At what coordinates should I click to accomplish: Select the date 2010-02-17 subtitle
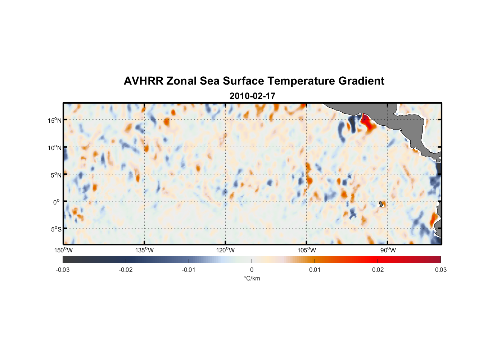pos(252,96)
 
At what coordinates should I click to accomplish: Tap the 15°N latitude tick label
pos(55,120)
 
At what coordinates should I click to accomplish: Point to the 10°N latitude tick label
pos(55,148)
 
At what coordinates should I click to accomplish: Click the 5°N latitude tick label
pos(56,175)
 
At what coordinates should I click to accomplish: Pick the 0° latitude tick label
pos(57,202)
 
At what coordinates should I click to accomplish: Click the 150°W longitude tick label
pos(64,250)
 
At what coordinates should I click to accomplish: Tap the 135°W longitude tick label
pos(145,250)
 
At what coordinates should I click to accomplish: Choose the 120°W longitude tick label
pos(226,250)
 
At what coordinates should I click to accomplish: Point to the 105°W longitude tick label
pos(307,250)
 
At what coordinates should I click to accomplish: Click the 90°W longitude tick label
pos(388,250)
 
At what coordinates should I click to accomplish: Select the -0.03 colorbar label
pos(63,270)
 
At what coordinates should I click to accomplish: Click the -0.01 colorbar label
pos(189,270)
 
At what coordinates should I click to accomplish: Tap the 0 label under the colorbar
pos(252,270)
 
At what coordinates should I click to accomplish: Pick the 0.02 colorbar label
pos(378,270)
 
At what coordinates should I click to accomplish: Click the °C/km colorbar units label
pos(252,278)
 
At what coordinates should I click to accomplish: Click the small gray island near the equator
pos(381,204)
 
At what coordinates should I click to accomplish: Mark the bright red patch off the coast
pos(368,122)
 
